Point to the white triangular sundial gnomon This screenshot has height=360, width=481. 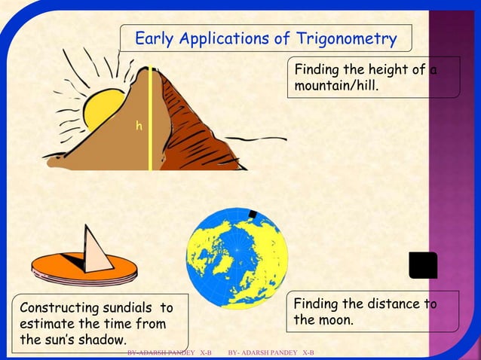tap(97, 248)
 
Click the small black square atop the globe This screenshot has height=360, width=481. tap(252, 215)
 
